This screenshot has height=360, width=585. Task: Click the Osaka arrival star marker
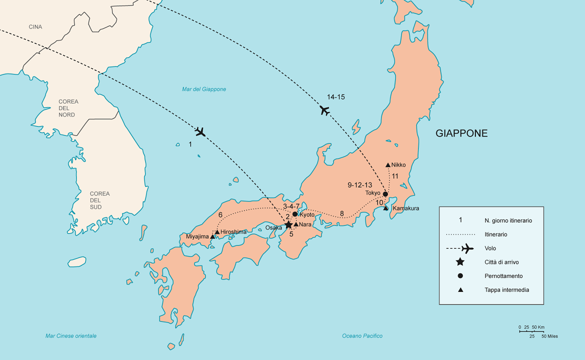pos(288,225)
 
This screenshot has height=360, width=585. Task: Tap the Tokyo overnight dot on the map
pos(385,194)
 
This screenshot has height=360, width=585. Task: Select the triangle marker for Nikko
pos(388,164)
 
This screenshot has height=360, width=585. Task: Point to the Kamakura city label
pos(405,208)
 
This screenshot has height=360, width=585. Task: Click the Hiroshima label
pos(233,232)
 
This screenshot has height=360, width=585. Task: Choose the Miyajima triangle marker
pos(212,236)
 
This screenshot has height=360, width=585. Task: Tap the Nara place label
pos(305,225)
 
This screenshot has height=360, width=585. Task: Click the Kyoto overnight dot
pos(295,214)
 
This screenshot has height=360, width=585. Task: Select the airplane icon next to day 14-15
pos(325,110)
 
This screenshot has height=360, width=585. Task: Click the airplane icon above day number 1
pos(200,132)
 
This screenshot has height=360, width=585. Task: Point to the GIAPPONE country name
pos(461,133)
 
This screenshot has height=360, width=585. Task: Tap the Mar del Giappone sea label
pos(204,89)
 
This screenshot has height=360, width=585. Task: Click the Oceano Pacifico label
pos(362,336)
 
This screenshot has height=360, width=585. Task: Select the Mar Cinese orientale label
pos(71,336)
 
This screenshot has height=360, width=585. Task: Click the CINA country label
pos(35,27)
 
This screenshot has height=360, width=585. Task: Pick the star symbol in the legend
pos(460,262)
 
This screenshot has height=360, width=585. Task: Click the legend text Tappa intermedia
pos(506,290)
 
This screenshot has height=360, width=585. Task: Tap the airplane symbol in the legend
pos(467,248)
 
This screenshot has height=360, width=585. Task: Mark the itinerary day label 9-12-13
pos(360,185)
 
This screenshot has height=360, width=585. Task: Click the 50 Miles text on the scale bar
pos(549,336)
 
